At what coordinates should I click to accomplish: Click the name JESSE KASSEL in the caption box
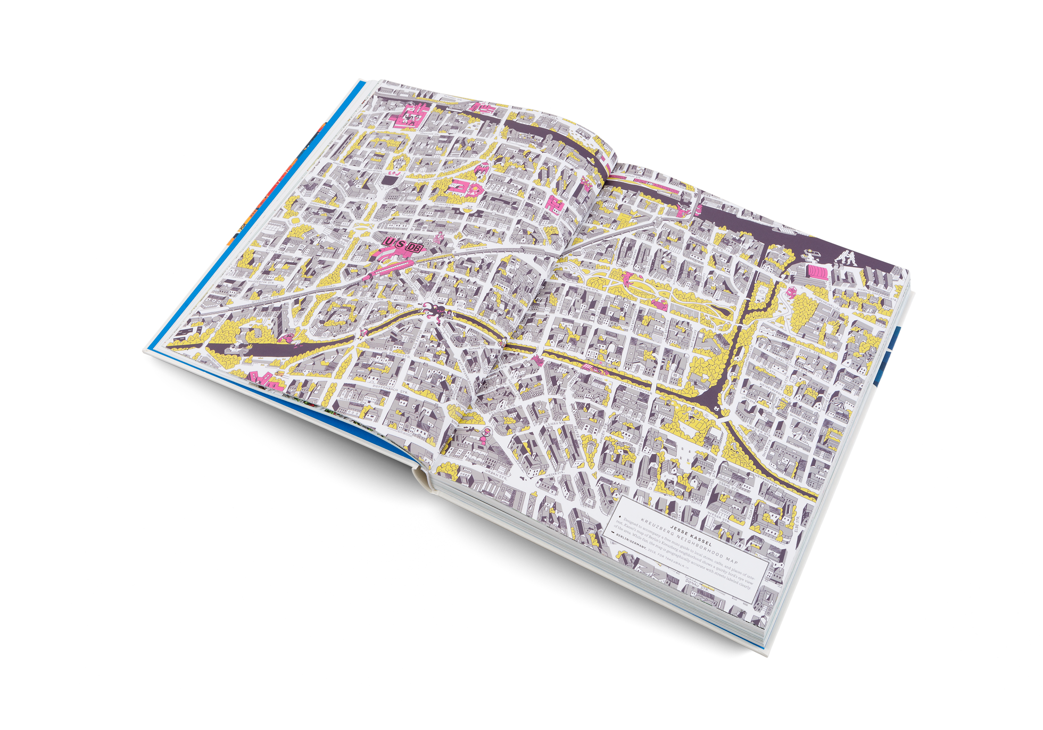tap(690, 532)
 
